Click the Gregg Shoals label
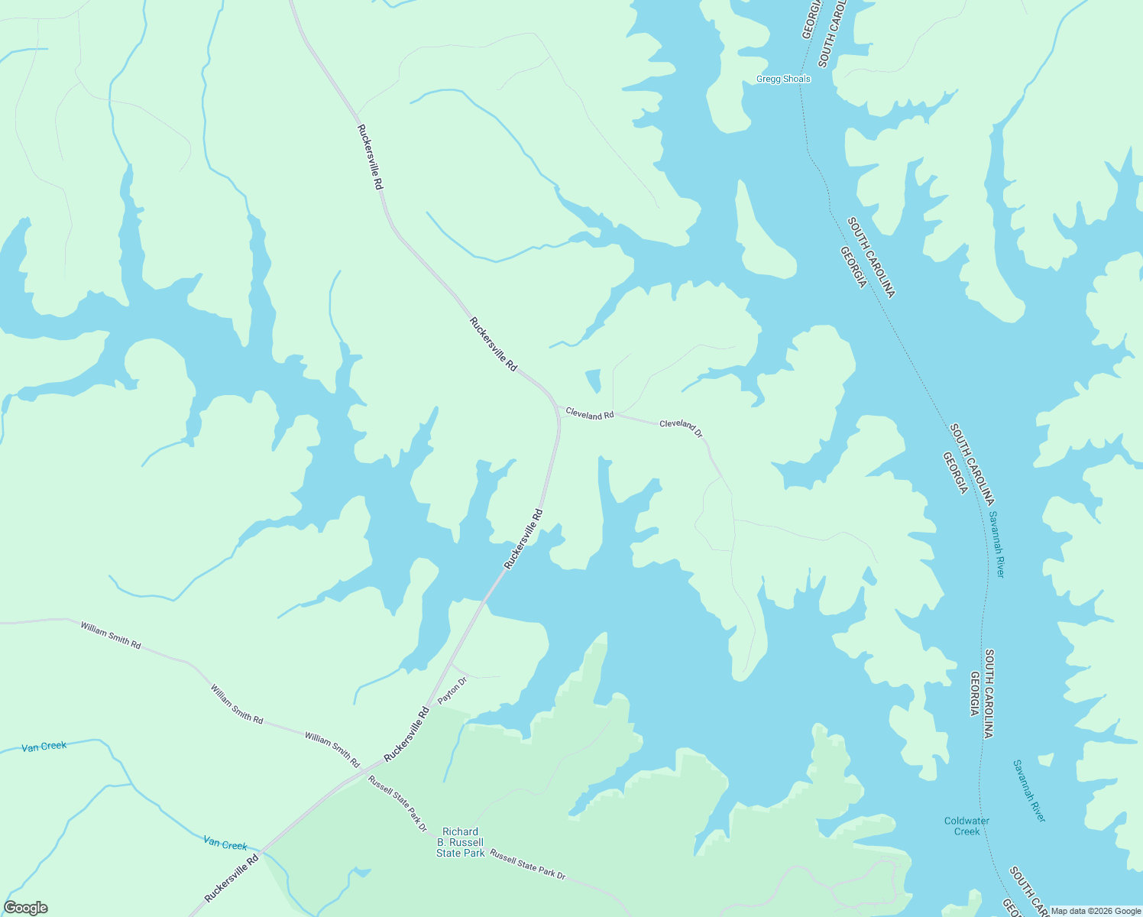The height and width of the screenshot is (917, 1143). click(x=782, y=79)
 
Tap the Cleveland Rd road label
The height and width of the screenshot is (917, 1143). click(x=589, y=413)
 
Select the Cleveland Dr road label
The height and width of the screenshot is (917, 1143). click(x=681, y=426)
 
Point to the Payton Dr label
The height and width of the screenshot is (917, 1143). click(x=452, y=690)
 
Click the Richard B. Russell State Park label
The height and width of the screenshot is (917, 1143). click(x=461, y=842)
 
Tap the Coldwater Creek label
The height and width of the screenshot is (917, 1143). click(x=967, y=826)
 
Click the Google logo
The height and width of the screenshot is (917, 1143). click(x=25, y=907)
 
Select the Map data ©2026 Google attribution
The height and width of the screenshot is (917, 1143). click(x=1095, y=911)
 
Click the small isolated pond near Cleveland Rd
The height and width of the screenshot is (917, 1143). click(x=594, y=380)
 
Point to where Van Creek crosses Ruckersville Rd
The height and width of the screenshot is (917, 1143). click(x=261, y=851)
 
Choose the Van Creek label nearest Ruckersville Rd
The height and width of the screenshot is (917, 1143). click(x=225, y=844)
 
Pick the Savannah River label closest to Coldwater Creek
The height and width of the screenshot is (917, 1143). click(x=1028, y=790)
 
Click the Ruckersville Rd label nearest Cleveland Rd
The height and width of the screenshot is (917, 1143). click(x=494, y=344)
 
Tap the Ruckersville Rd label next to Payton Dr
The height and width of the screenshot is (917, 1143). click(x=406, y=734)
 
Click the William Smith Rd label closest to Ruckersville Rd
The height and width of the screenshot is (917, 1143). click(x=332, y=749)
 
